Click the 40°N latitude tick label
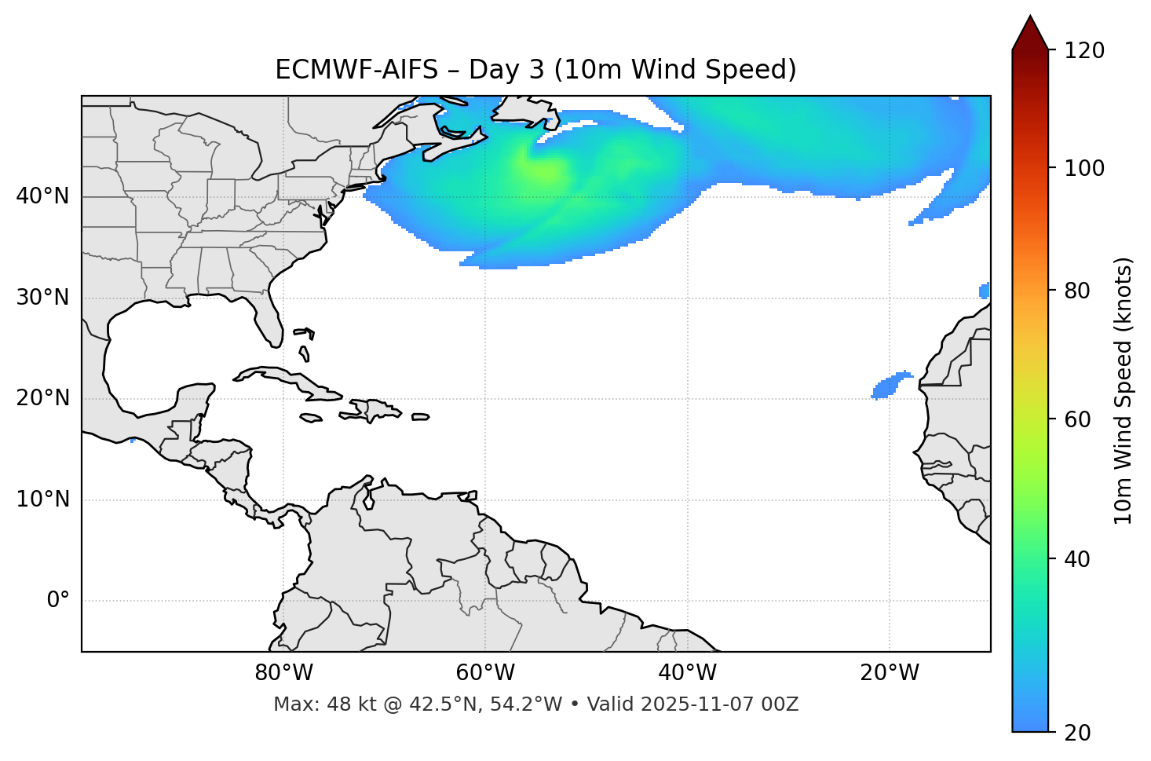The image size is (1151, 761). [42, 196]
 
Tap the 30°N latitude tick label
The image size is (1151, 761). [42, 298]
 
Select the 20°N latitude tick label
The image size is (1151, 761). [42, 398]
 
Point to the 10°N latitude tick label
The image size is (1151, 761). [42, 499]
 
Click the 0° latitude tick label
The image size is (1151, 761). [58, 601]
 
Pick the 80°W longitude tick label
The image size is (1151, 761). [283, 673]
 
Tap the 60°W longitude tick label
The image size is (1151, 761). [485, 673]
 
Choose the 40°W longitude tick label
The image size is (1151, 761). [687, 673]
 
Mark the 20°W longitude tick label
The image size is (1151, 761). [890, 673]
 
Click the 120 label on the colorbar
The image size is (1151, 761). [1084, 51]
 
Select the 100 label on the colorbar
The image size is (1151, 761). [1084, 168]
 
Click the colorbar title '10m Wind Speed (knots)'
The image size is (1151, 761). [1124, 390]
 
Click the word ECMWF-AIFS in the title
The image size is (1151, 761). [356, 70]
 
